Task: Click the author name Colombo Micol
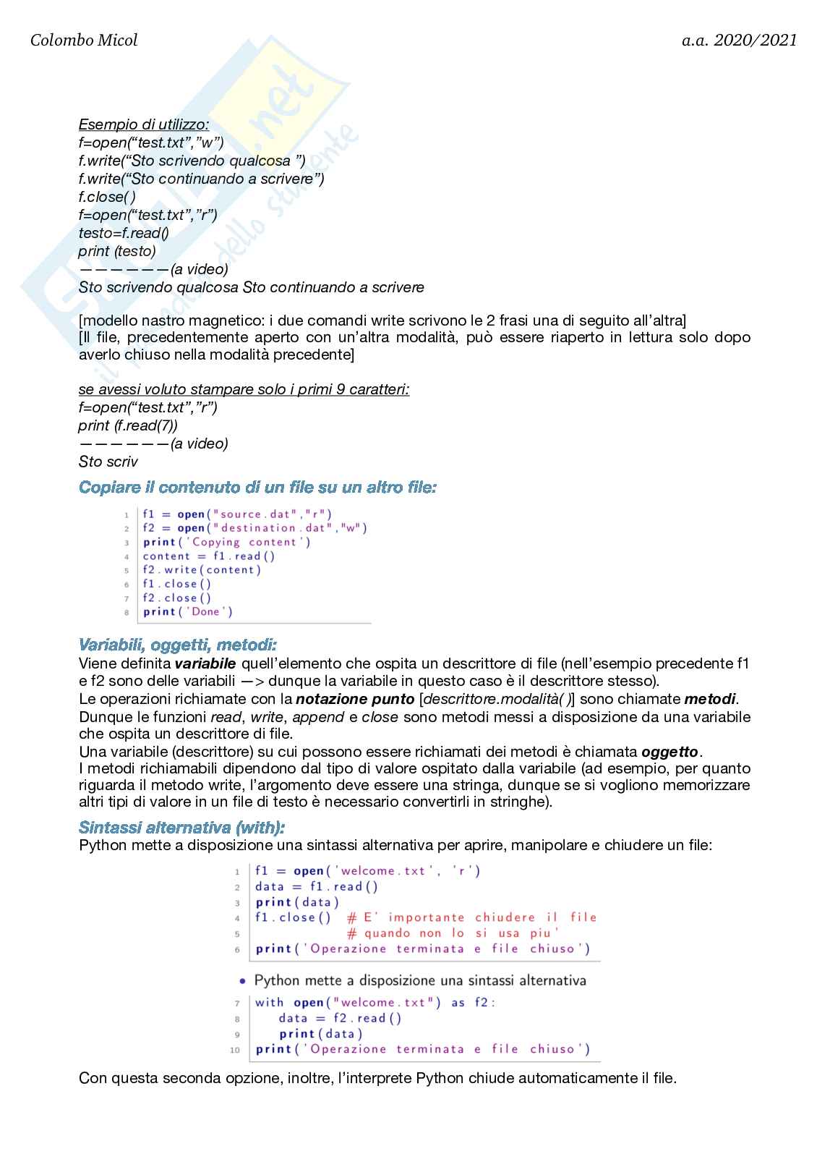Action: click(84, 41)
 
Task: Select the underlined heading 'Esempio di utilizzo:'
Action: click(144, 124)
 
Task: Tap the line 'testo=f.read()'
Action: click(124, 233)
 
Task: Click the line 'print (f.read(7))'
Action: click(128, 425)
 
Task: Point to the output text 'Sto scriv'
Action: click(108, 462)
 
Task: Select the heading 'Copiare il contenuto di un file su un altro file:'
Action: click(257, 488)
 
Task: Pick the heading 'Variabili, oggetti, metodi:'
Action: click(177, 645)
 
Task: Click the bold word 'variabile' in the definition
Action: click(205, 663)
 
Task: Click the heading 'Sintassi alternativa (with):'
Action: click(181, 828)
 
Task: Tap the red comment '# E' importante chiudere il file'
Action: click(471, 917)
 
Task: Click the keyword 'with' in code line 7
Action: click(270, 1003)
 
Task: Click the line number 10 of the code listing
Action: click(235, 1050)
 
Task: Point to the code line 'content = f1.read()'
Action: click(209, 556)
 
